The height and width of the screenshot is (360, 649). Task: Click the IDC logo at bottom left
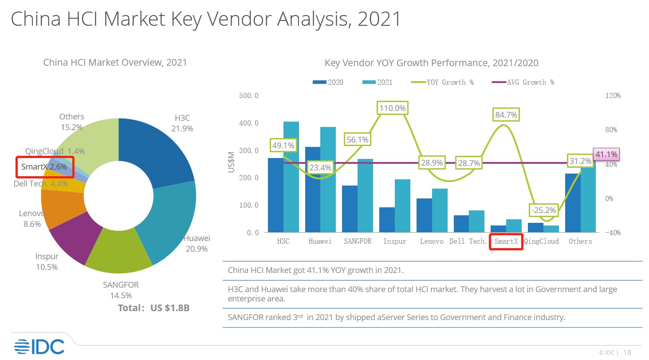coord(39,347)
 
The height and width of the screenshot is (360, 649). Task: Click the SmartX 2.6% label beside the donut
coord(44,167)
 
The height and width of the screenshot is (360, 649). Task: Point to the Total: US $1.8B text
coord(153,308)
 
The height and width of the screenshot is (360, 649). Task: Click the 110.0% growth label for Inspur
coord(393,108)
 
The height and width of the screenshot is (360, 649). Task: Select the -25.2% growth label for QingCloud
coord(543,210)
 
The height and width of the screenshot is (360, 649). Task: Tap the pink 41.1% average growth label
coord(606,154)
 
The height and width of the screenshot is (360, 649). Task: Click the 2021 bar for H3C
coord(291,177)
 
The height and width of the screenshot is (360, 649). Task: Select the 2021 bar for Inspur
coord(402,206)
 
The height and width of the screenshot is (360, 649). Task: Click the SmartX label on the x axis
coord(506,241)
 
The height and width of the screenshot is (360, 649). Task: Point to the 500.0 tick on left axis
coord(249,95)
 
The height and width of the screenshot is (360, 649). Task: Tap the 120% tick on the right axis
coord(612,95)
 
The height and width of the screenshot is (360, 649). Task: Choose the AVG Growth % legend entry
coord(523,82)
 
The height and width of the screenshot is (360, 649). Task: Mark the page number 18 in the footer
coord(627,352)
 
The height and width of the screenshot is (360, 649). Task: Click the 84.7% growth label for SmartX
coord(506,115)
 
